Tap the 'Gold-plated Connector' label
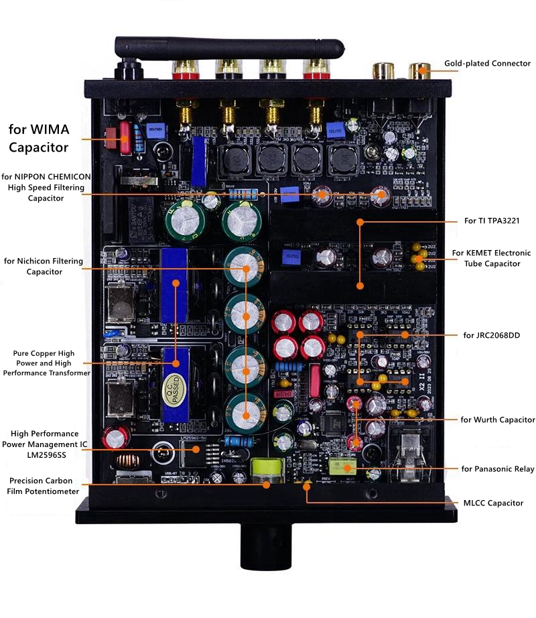487,64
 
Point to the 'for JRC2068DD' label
492,334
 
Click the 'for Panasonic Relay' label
497,469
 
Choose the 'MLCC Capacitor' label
493,503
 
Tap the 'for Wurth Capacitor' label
498,420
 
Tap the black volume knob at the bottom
266,544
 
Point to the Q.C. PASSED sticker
171,389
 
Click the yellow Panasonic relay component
346,467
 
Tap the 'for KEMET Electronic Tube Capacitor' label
491,258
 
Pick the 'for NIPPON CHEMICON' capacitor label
46,187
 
